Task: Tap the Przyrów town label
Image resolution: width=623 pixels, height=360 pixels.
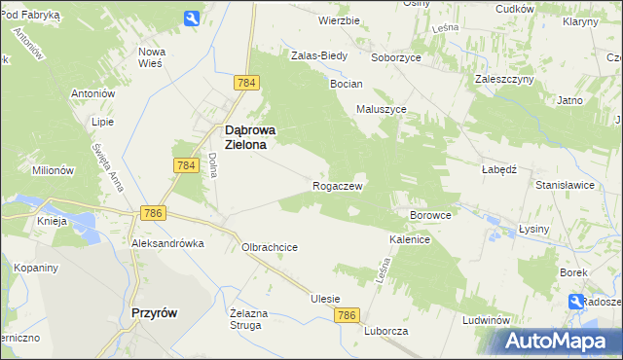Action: coord(153,312)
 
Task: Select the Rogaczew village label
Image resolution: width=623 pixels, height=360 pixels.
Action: coord(338,186)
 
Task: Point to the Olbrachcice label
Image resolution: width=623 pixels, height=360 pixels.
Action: coord(270,247)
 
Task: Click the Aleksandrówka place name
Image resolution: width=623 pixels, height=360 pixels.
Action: coord(168,243)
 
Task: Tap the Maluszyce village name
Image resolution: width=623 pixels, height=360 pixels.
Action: coord(382,110)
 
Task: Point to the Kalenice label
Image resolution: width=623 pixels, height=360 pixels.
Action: coord(410,238)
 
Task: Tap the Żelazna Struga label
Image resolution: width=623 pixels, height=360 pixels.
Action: coord(247,319)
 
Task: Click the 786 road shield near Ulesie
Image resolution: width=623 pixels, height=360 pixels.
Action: coord(348,315)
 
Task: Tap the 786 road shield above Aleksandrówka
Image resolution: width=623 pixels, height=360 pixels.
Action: coord(152,213)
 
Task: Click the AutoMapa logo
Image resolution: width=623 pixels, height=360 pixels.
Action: coord(559,341)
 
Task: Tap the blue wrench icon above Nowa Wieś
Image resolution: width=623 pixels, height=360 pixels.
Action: coord(192,18)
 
